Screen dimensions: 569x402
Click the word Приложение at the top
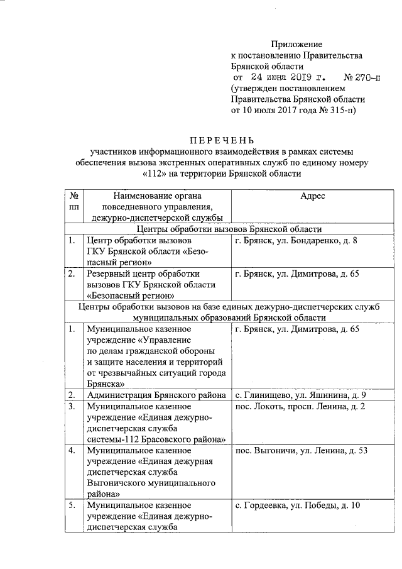(296, 44)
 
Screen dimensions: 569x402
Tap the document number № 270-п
(362, 78)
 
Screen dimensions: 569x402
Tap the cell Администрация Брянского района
(156, 395)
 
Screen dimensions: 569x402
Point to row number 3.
(73, 407)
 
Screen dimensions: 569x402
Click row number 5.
(73, 505)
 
